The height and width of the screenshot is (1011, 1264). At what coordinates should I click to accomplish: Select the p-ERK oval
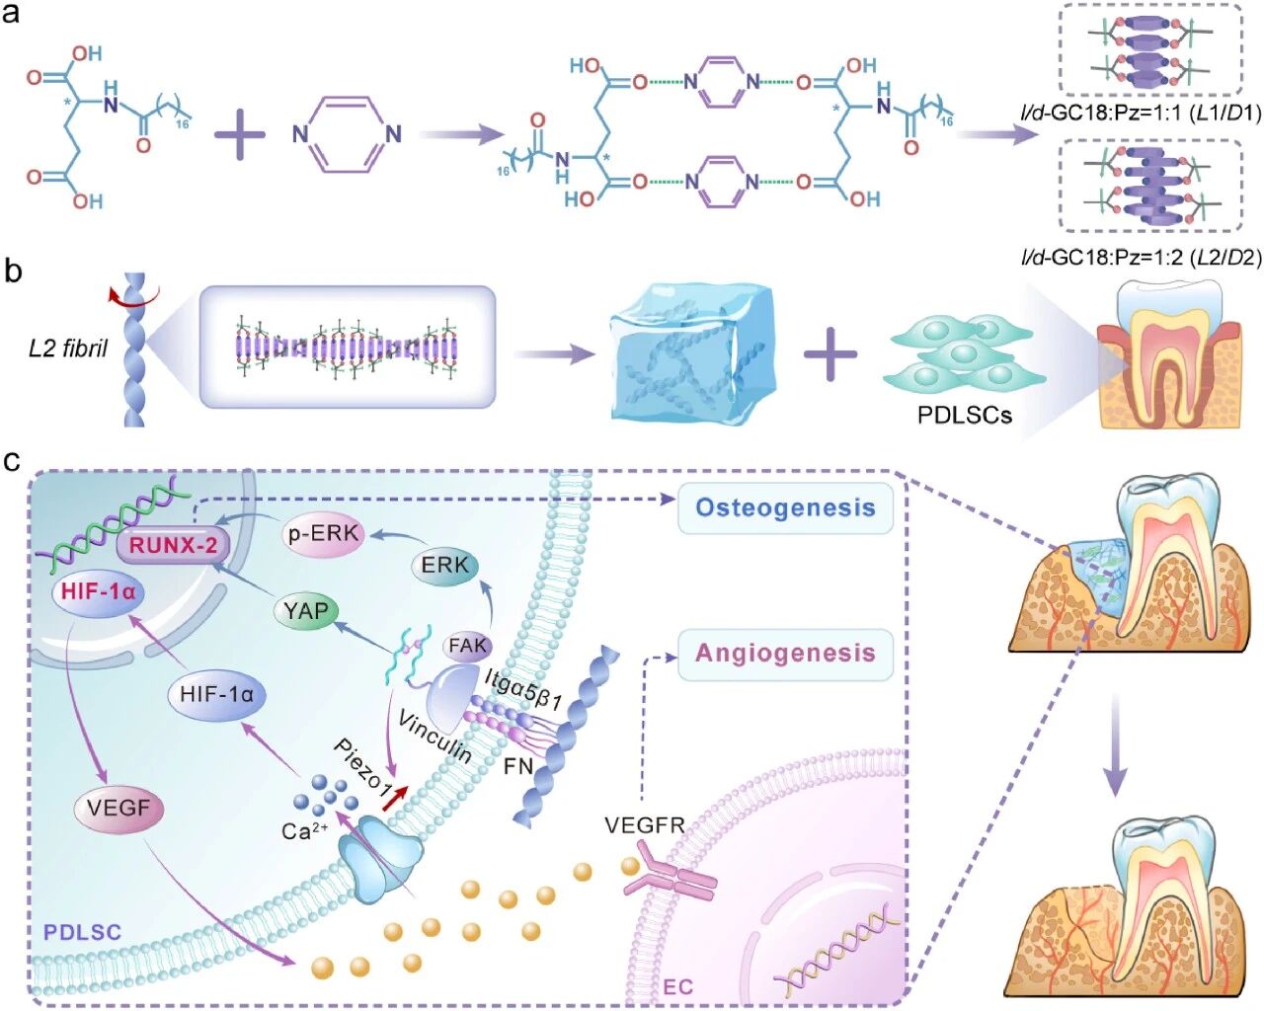tap(323, 534)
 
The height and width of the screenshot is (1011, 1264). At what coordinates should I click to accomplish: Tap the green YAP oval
tap(305, 611)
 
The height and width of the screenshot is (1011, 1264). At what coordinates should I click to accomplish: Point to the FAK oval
tap(468, 646)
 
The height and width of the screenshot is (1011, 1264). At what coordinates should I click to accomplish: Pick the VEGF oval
tap(118, 809)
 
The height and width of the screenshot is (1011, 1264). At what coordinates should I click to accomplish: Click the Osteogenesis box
tap(785, 508)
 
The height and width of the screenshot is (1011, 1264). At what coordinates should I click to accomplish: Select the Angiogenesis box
tap(785, 653)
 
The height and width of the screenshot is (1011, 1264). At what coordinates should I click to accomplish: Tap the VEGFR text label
tap(645, 824)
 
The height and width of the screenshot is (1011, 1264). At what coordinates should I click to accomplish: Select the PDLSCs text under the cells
tap(965, 415)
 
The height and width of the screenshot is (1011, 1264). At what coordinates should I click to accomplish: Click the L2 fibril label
tap(68, 349)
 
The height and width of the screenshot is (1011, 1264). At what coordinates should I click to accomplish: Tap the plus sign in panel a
tap(240, 134)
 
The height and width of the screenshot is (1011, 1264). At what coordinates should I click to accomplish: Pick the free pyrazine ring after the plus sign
tap(348, 134)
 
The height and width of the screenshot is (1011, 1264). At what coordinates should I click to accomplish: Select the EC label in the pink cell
tap(677, 986)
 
